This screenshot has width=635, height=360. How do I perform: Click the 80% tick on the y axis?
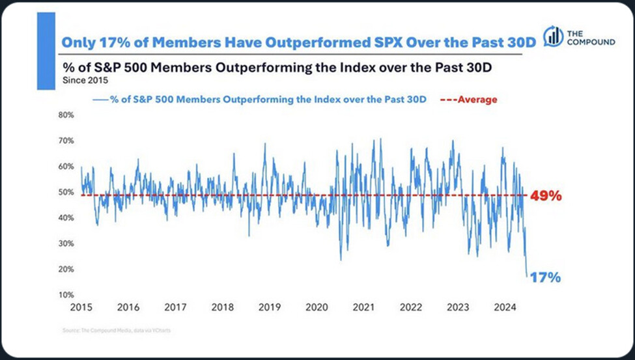(66, 115)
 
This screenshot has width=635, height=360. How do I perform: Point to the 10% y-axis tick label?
(66, 295)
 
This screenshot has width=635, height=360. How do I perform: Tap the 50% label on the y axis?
(66, 192)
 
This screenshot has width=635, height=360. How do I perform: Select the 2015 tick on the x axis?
(81, 307)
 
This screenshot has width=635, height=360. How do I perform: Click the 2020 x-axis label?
(317, 307)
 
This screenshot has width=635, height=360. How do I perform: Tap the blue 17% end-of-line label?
(544, 277)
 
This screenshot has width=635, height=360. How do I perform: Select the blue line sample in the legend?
(100, 100)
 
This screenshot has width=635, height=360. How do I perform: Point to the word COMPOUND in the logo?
(591, 42)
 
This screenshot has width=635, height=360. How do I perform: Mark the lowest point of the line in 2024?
(528, 276)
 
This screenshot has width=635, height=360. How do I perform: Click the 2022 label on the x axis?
(410, 307)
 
